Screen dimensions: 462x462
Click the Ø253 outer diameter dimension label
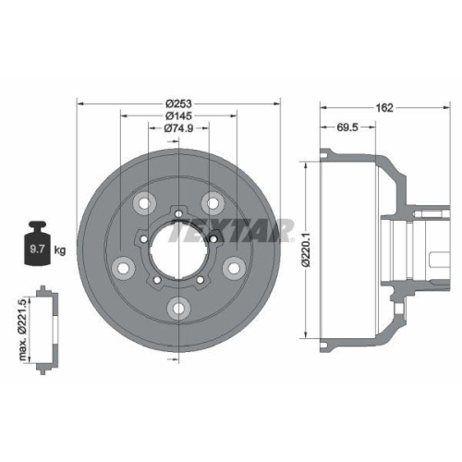point(178,103)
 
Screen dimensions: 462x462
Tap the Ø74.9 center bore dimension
point(178,128)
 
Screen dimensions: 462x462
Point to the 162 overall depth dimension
point(386,107)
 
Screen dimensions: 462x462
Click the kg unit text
point(60,250)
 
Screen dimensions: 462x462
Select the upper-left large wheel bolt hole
point(143,203)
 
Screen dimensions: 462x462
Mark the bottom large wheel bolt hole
point(178,310)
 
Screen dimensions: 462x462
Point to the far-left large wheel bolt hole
point(121,269)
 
